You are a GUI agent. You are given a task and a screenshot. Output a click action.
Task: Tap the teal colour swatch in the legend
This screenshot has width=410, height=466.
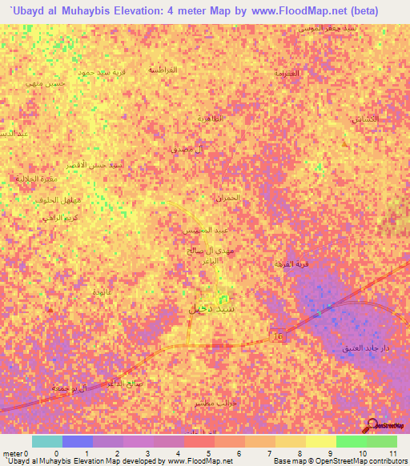point(47,441)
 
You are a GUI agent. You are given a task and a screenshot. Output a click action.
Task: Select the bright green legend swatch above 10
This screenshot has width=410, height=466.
point(351,441)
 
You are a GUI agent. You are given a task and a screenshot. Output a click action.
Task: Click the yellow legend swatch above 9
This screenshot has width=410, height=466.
point(320,441)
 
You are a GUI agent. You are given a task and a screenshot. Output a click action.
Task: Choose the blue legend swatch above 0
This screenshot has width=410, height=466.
point(78,441)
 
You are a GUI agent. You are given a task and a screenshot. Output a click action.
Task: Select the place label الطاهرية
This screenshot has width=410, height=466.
point(213,119)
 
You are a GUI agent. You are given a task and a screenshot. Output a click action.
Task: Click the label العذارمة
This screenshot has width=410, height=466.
point(287,74)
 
